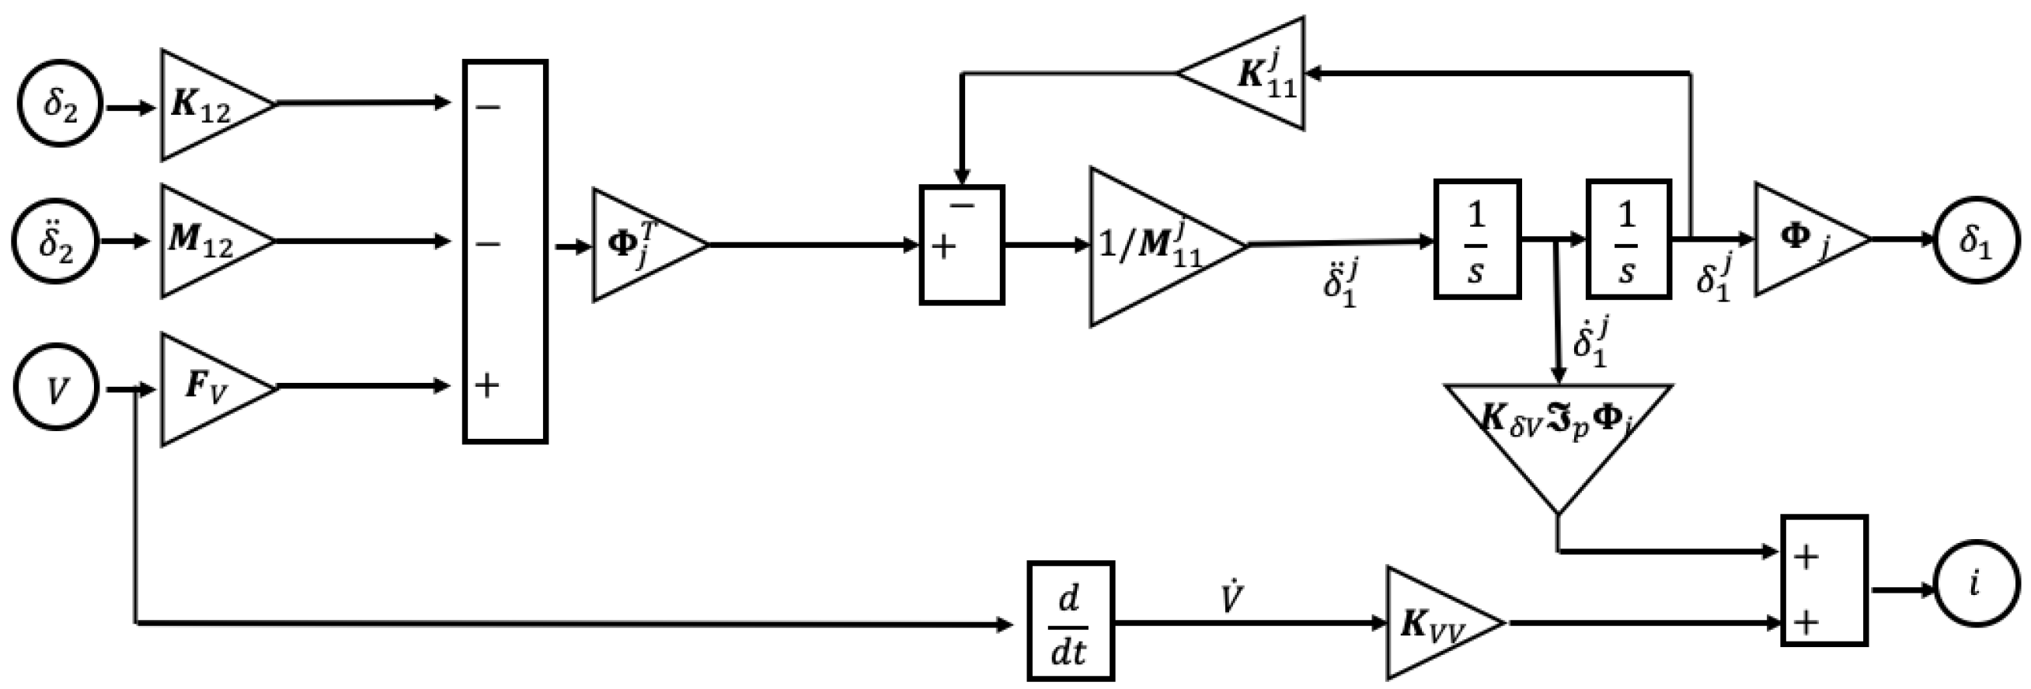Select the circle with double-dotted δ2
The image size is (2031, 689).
[55, 242]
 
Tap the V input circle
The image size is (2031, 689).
[56, 387]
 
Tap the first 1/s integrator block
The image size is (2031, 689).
[1477, 239]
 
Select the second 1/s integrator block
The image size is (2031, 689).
[1628, 239]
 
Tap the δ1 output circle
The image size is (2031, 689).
[1976, 240]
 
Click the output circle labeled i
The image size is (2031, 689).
[1976, 585]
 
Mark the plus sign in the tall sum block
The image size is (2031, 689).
[486, 386]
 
